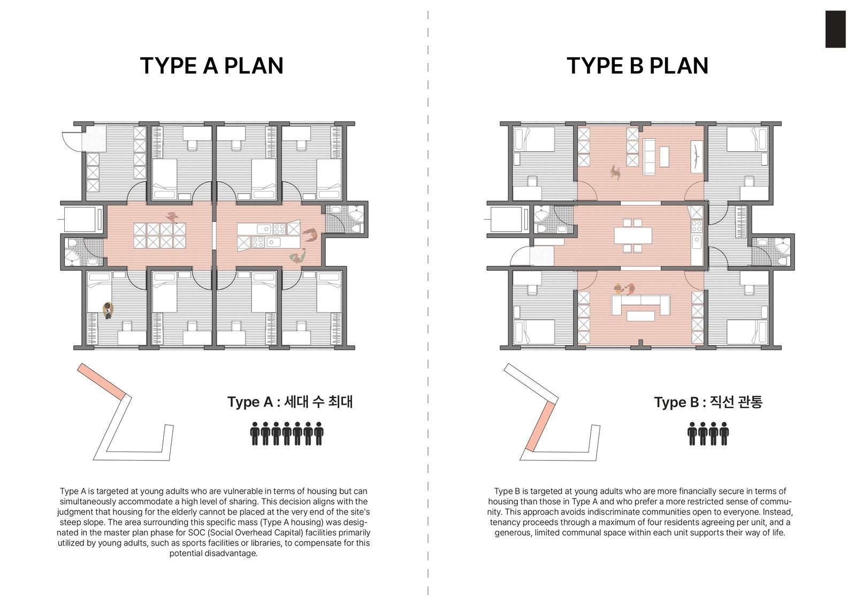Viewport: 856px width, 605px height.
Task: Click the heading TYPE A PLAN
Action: click(212, 66)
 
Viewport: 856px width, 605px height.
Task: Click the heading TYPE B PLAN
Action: click(637, 66)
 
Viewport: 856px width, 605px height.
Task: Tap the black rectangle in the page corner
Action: click(835, 29)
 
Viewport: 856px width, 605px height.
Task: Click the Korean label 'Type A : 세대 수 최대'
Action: click(290, 402)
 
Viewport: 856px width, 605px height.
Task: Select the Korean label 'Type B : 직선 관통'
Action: click(708, 402)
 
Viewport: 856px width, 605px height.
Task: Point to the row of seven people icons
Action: click(287, 434)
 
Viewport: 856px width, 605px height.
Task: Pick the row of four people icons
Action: click(708, 434)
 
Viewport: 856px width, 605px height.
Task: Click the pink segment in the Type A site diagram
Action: click(102, 381)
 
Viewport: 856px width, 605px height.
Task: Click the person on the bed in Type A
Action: click(108, 310)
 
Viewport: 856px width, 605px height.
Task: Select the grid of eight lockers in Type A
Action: click(160, 236)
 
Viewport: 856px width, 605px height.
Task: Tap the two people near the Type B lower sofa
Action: click(624, 289)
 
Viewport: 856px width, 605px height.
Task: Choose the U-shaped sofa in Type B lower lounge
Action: click(640, 305)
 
